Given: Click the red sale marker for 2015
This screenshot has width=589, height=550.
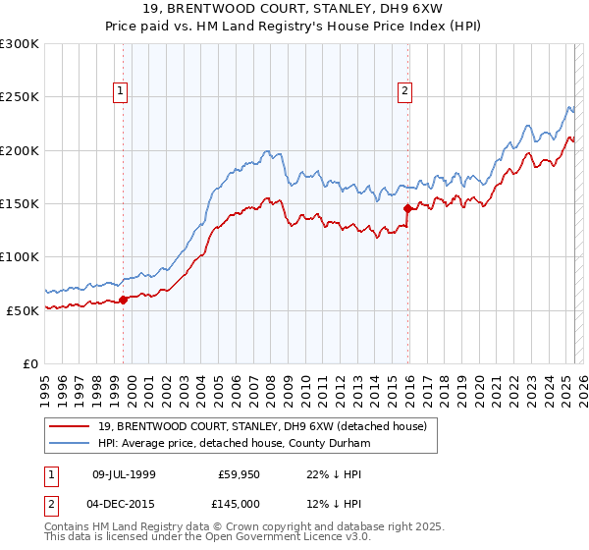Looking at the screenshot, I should pos(407,208).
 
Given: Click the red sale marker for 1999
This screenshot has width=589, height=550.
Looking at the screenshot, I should pos(123,300).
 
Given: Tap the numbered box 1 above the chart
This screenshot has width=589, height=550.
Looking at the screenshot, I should pos(120,91).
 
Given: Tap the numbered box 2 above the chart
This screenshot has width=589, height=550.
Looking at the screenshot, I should pos(404,91).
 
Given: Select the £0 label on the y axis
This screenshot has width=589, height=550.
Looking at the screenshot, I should pos(28,363).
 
